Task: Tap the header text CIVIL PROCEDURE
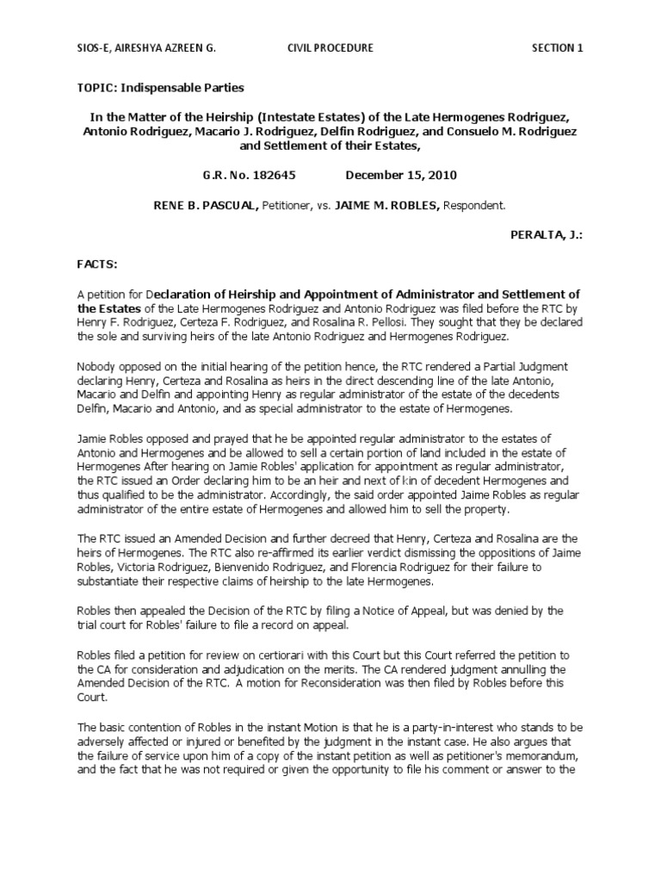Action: click(330, 48)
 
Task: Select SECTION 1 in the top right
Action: click(557, 48)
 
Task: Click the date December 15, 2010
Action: click(401, 175)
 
